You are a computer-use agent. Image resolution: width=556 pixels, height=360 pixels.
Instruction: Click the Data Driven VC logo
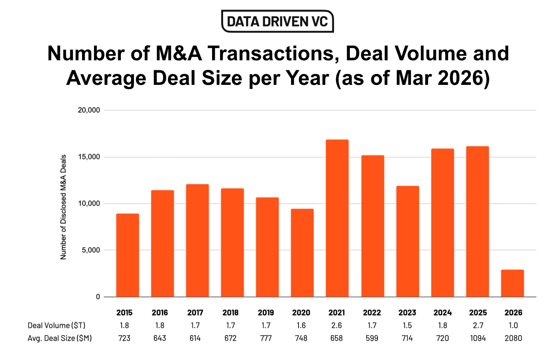point(278,21)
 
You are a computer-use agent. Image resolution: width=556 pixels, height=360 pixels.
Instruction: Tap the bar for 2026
point(512,283)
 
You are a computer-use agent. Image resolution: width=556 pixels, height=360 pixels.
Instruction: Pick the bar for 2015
point(127,255)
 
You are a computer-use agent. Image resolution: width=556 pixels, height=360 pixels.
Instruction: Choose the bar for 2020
point(302,253)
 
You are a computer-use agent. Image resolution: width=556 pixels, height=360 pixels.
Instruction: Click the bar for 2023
point(407,241)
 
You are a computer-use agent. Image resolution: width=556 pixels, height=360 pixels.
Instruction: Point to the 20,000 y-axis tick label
point(89,110)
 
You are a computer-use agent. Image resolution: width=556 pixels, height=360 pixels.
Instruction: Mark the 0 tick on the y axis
point(98,297)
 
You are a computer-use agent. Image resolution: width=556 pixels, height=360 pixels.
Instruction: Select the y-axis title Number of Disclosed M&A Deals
point(63,207)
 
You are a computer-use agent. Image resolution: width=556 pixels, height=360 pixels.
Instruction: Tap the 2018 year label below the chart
point(230,313)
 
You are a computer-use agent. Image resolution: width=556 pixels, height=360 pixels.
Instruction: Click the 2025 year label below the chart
point(478,313)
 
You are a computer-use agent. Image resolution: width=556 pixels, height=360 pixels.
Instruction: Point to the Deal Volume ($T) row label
point(56,326)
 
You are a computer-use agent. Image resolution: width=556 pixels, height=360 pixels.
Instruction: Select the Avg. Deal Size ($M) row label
point(60,338)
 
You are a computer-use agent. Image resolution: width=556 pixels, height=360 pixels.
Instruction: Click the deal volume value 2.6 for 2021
point(336,326)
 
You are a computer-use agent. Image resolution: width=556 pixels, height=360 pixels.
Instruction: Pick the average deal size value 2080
point(513,338)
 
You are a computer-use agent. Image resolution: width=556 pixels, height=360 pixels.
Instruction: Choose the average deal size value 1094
point(478,338)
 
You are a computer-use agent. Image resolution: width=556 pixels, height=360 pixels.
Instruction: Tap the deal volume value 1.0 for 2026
point(513,326)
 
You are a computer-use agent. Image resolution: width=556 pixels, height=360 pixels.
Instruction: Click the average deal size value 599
point(372,338)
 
